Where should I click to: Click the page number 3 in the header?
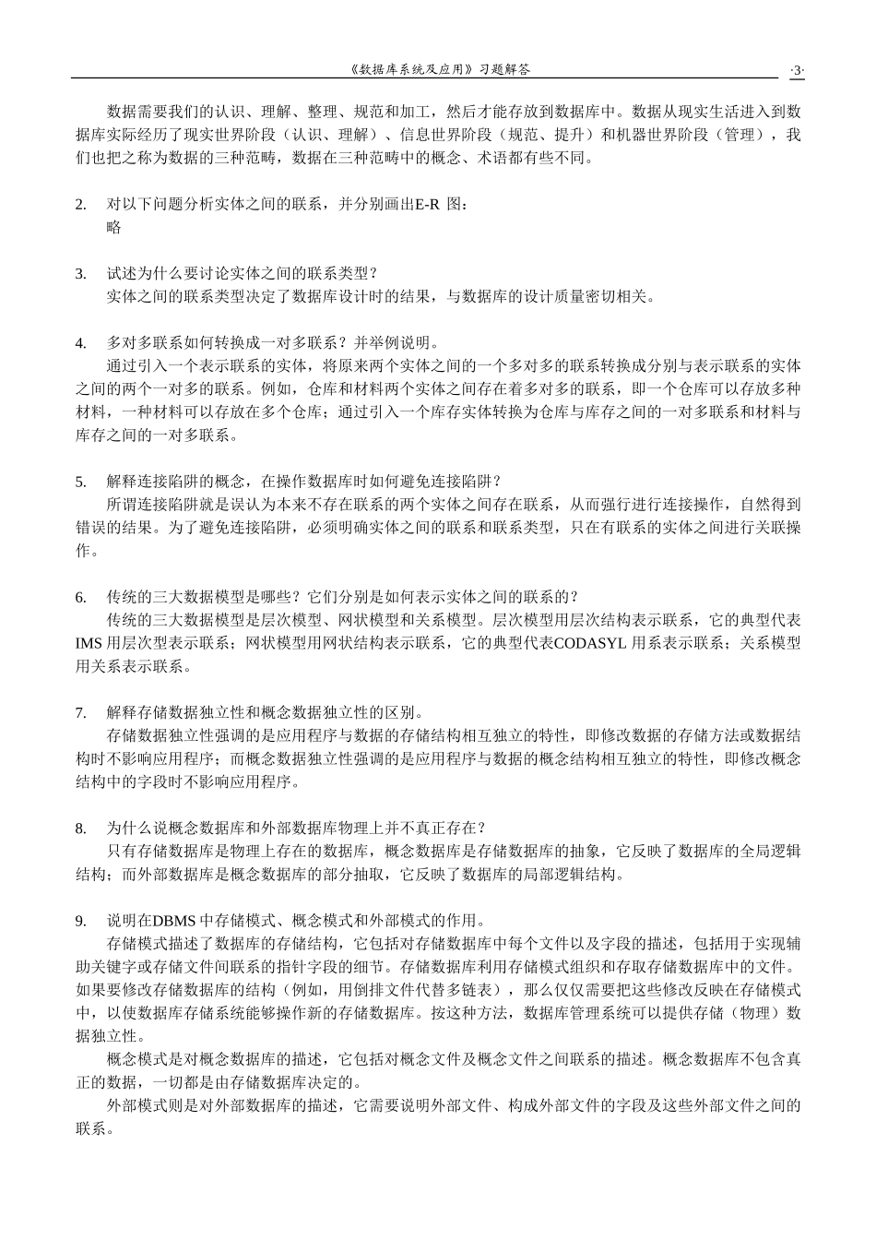pos(797,69)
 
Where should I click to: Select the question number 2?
pos(80,204)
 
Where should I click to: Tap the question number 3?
pos(80,273)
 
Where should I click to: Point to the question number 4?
pos(80,342)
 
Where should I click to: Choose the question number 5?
pos(80,481)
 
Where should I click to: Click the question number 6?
pos(80,596)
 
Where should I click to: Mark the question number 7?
pos(80,712)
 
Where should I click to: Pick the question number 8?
pos(80,828)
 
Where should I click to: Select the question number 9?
pos(80,920)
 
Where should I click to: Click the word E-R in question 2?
pos(427,204)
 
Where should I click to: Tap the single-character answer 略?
pos(114,227)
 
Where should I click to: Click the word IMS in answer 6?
pos(89,642)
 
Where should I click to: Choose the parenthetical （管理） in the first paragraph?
pos(747,135)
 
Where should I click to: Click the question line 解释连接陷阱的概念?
pos(304,481)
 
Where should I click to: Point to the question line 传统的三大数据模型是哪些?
pos(342,596)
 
